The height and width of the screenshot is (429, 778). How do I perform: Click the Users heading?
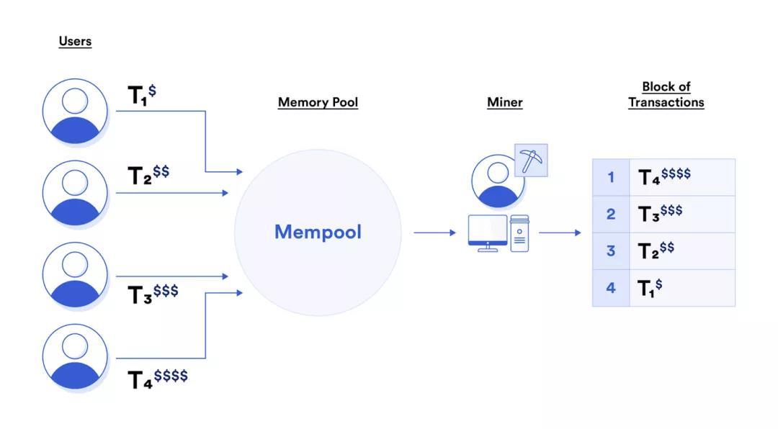click(75, 41)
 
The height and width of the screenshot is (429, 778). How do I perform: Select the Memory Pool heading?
click(318, 102)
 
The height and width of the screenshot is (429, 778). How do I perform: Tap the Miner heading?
click(504, 102)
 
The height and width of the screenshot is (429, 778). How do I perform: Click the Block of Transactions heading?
click(666, 94)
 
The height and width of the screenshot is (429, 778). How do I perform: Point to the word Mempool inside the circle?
click(318, 232)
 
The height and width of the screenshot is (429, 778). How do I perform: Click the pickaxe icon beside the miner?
click(532, 161)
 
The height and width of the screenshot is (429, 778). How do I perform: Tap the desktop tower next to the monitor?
click(519, 233)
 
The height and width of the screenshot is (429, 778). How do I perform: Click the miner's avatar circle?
click(498, 180)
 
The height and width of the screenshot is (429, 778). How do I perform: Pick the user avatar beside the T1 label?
click(75, 112)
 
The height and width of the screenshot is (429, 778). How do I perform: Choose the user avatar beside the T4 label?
click(75, 357)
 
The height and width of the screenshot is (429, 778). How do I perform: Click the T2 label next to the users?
click(148, 175)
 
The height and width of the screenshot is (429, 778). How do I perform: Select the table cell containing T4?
click(681, 177)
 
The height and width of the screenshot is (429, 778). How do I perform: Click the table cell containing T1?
click(681, 288)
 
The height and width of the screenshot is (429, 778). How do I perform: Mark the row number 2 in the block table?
click(611, 214)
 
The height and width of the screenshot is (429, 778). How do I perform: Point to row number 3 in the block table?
click(611, 251)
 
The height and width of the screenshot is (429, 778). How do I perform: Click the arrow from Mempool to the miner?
click(434, 232)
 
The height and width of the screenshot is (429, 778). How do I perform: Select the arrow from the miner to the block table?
click(560, 232)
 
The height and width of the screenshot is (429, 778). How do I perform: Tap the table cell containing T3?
click(681, 214)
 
